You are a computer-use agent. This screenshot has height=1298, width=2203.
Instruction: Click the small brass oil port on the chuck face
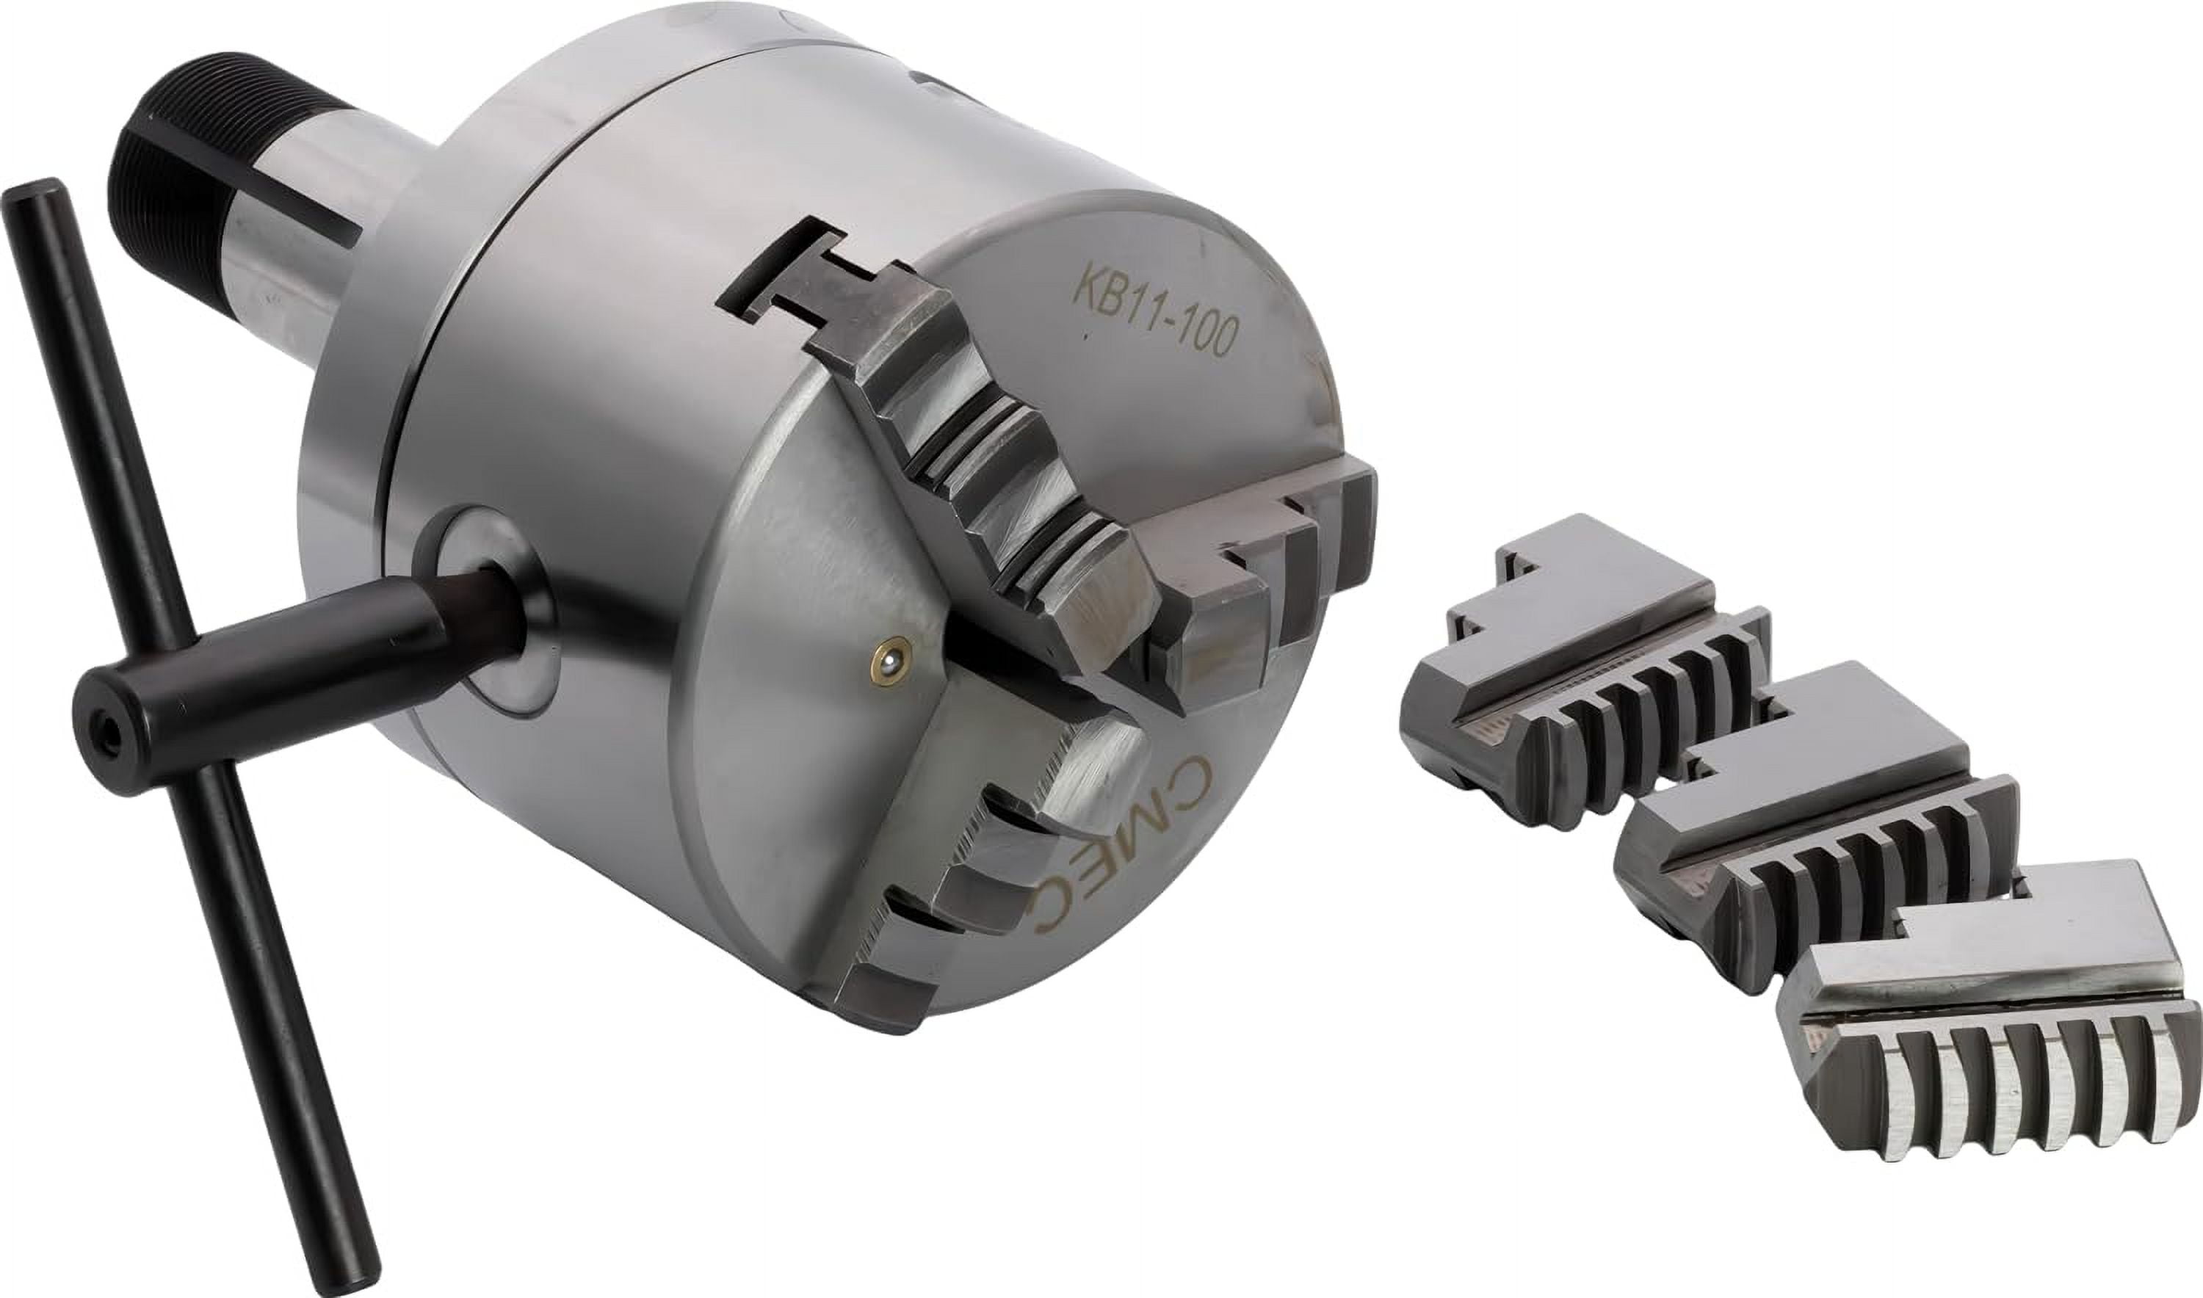pos(889,667)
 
